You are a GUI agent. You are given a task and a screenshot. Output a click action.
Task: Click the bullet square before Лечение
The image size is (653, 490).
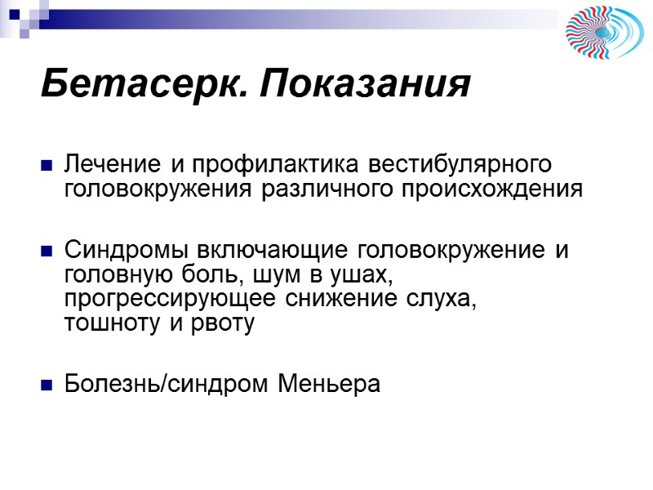(47, 167)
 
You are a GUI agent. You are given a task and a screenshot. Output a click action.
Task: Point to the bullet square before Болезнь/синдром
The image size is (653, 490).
(47, 384)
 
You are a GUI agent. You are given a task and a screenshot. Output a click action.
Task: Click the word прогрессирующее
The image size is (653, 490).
(171, 299)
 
